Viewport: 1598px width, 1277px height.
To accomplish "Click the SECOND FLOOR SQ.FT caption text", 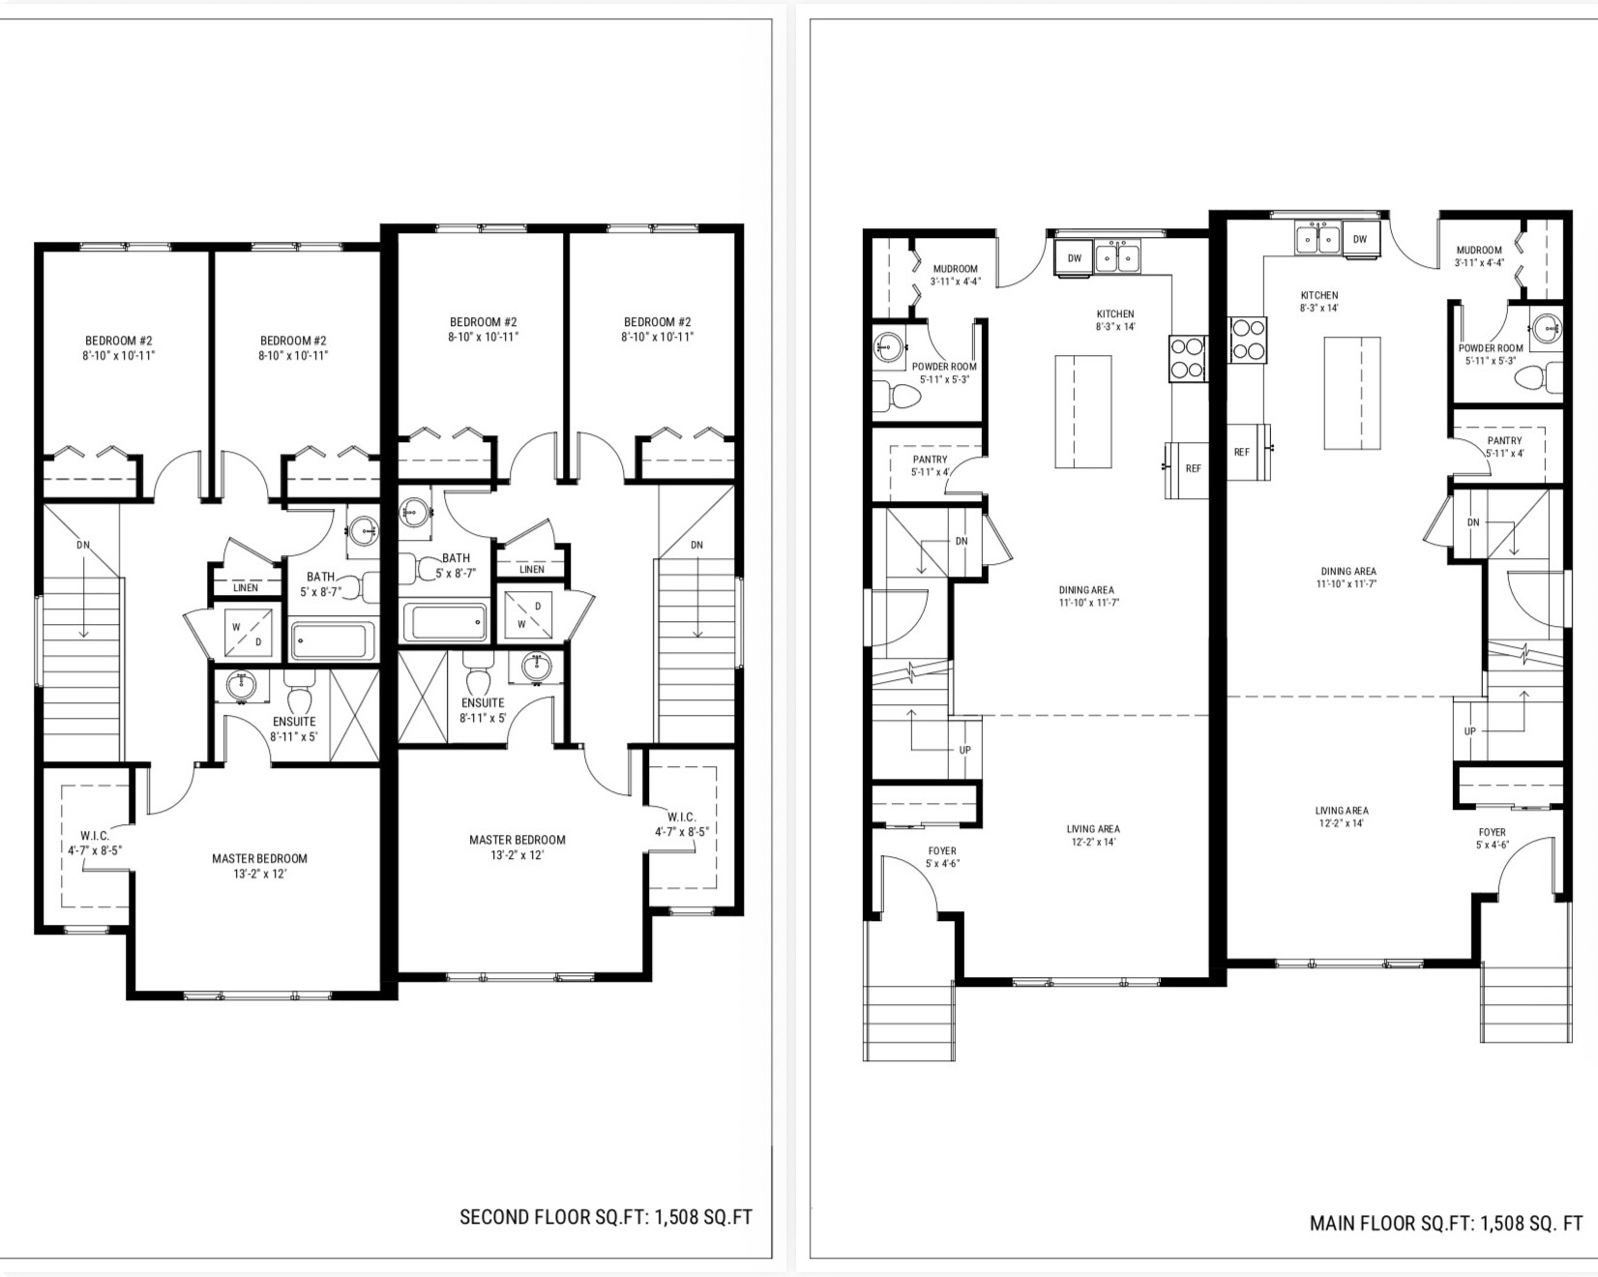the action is (x=606, y=1217).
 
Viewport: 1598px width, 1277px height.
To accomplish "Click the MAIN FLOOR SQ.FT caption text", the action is (x=1446, y=1223).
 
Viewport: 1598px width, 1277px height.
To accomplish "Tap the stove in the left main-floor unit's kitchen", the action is (x=1188, y=357).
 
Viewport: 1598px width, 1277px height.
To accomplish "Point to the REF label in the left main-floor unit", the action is (x=1193, y=468).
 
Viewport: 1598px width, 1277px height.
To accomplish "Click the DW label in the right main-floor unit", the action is (x=1360, y=239).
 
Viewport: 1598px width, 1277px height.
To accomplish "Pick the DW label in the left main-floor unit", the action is (x=1075, y=258).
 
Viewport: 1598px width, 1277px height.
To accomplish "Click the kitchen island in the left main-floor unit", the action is (x=1082, y=412).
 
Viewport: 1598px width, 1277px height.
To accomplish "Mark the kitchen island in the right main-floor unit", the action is (x=1351, y=394).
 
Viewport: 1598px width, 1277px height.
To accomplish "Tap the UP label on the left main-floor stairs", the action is (x=964, y=750).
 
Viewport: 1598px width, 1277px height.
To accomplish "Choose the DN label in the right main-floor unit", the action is (x=1473, y=522).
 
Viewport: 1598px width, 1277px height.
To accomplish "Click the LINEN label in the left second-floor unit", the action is (x=246, y=587).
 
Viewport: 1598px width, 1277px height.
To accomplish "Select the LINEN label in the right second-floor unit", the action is (x=532, y=569).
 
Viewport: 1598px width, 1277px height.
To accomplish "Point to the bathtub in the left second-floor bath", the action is (x=332, y=641).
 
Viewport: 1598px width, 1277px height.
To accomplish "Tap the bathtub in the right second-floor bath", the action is (x=445, y=622).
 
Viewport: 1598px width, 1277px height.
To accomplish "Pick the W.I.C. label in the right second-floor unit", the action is (x=681, y=817).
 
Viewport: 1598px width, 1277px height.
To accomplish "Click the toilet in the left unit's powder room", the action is (x=896, y=396).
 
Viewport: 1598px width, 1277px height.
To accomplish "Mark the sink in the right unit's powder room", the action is (x=1548, y=325).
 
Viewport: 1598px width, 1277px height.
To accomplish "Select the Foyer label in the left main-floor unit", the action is (x=942, y=851).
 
